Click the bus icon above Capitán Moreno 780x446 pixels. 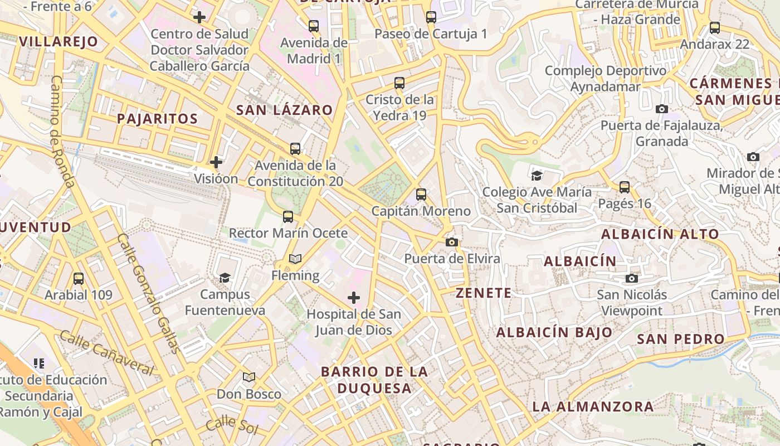421,195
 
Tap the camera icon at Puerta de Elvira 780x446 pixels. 452,242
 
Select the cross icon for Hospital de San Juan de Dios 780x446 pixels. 353,298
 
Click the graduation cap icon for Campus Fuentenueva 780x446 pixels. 225,278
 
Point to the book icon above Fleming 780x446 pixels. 295,259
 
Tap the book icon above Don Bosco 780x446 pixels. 249,377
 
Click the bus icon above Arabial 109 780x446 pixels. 79,278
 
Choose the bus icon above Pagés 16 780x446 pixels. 625,187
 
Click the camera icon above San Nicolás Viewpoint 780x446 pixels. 631,278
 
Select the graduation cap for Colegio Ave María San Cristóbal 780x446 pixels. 537,176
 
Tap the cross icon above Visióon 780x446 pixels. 216,162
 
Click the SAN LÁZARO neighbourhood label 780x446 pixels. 284,110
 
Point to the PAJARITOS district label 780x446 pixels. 157,118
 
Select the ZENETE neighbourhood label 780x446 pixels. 483,293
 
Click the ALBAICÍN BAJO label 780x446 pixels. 554,333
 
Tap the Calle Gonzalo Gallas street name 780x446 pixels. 148,293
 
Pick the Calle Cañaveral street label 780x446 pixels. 106,352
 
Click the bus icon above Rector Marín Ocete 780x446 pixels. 288,217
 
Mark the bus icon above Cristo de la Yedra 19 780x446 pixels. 399,83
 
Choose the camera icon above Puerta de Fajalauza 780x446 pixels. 661,109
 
